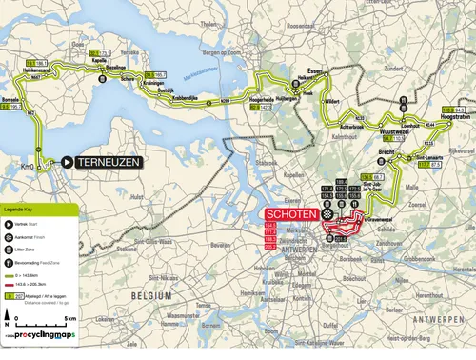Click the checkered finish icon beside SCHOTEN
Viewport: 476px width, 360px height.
coord(327,216)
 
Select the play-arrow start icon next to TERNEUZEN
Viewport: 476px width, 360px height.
coord(68,162)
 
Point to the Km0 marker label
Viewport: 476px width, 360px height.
coord(27,168)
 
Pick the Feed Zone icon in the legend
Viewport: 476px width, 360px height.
coord(10,264)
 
